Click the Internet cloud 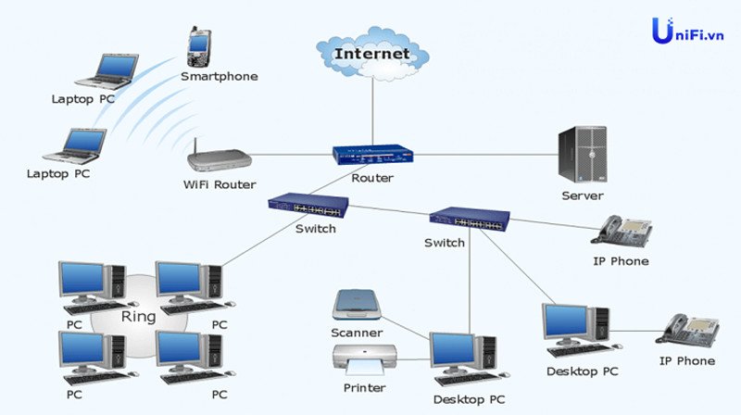pyautogui.click(x=372, y=52)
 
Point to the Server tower pyautogui.click(x=582, y=155)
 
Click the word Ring pyautogui.click(x=139, y=317)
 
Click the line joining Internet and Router pyautogui.click(x=372, y=111)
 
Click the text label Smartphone pyautogui.click(x=220, y=76)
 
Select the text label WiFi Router pyautogui.click(x=220, y=184)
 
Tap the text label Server pyautogui.click(x=583, y=195)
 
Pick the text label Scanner pyautogui.click(x=357, y=332)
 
